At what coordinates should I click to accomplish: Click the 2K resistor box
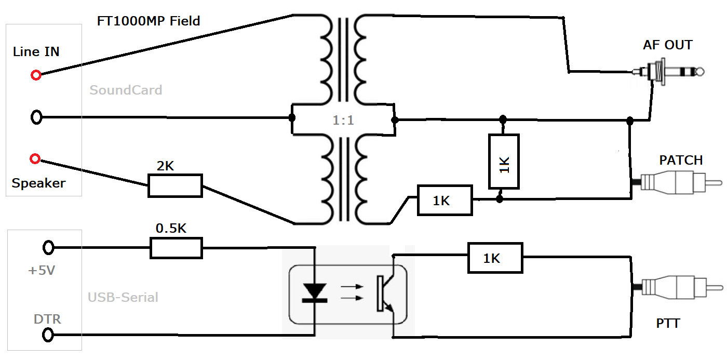(x=175, y=185)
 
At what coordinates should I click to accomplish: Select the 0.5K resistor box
(x=176, y=248)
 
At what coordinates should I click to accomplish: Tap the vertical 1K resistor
(x=504, y=161)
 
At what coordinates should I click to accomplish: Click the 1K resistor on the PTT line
(x=495, y=258)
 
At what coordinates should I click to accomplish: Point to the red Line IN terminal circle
(x=36, y=75)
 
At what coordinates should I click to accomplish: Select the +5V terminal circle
(x=48, y=248)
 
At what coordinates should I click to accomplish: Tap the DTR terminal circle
(x=48, y=335)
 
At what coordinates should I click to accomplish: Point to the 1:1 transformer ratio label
(x=343, y=121)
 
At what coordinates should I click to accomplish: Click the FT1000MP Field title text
(x=149, y=21)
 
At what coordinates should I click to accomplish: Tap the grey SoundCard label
(x=126, y=90)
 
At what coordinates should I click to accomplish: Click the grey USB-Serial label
(x=123, y=298)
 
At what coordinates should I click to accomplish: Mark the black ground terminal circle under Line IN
(x=36, y=117)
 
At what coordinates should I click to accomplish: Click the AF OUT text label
(x=667, y=45)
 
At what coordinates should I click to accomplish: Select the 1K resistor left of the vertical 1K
(x=445, y=200)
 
